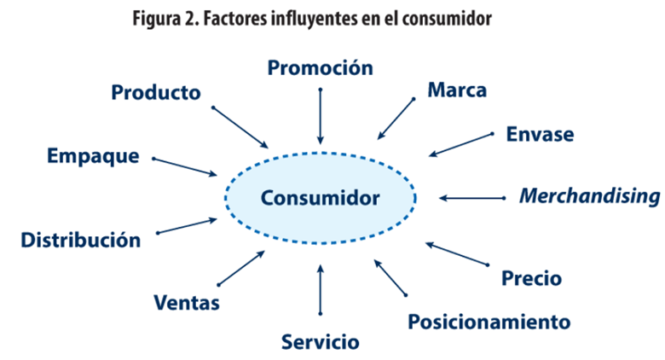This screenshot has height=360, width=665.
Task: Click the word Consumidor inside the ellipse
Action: point(321,198)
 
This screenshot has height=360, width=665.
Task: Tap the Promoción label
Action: point(320,67)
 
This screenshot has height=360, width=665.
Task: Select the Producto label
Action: point(156,92)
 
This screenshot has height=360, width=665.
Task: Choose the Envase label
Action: point(540,134)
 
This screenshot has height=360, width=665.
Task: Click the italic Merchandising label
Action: point(589,196)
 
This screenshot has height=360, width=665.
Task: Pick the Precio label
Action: point(531,277)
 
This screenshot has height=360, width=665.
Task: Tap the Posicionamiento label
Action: point(489,322)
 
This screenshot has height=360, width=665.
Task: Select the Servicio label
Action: point(320,342)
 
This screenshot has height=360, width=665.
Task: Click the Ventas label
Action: point(187,302)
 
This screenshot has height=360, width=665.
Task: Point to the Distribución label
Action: point(80,240)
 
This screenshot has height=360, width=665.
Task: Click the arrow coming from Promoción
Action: point(321,115)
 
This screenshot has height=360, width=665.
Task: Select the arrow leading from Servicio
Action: point(321,291)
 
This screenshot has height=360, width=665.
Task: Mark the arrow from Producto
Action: point(240,126)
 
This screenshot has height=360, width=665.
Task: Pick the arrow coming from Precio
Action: point(456,254)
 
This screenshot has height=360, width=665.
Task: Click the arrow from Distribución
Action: point(187,225)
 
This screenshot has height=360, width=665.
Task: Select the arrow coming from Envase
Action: point(460,144)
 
